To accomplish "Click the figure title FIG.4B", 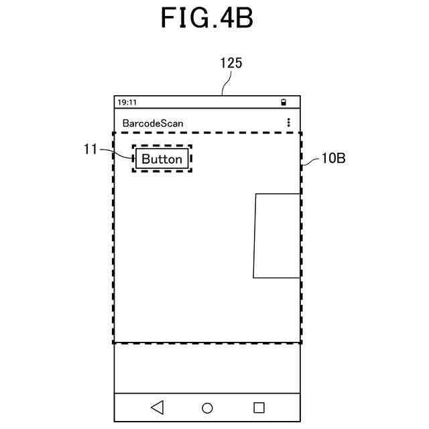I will click(x=206, y=17).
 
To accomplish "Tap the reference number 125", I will click(x=231, y=64).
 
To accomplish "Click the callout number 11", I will click(x=90, y=149).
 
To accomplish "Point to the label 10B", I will click(x=333, y=159).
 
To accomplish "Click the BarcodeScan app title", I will click(x=153, y=123).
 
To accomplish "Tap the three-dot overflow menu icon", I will click(x=289, y=123).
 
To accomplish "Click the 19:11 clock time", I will click(x=127, y=103).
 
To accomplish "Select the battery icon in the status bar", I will click(x=284, y=103).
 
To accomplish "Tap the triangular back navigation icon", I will click(x=157, y=407).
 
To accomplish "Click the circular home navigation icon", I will click(x=207, y=408).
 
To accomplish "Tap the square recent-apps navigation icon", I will click(x=259, y=407).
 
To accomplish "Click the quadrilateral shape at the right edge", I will click(x=276, y=235).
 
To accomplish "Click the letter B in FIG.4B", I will click(x=245, y=17).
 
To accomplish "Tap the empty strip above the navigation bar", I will click(x=206, y=368).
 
